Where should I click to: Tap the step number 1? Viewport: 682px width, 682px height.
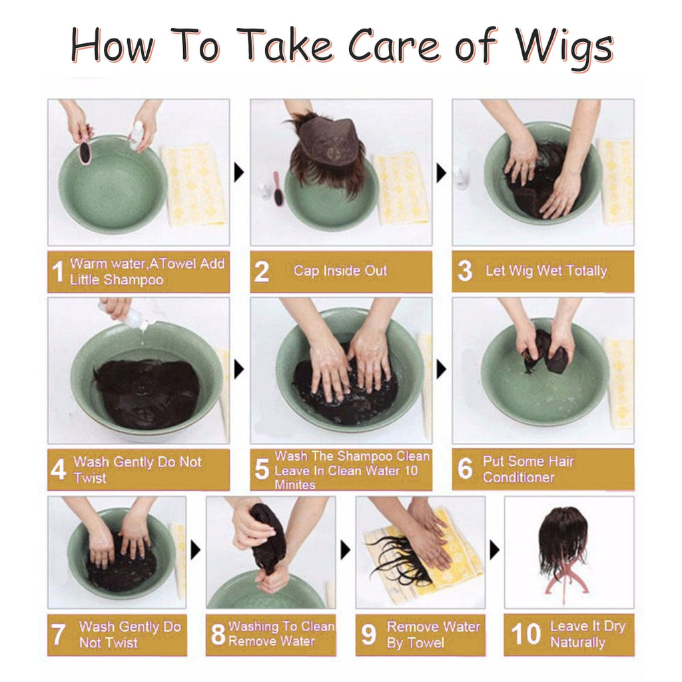coord(58,272)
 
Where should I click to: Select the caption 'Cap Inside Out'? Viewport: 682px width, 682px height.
coord(340,271)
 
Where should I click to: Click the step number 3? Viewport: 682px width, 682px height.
coord(465,271)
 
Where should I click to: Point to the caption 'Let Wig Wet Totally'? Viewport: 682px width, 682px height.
coord(546,271)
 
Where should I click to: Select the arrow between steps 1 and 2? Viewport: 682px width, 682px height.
coord(239,174)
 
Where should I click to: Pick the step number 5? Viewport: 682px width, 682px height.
coord(262,470)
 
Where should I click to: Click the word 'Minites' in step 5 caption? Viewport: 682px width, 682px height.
coord(294,485)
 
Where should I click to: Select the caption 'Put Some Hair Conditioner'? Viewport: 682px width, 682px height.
coord(528,469)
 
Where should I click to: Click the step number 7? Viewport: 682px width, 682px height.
coord(59,635)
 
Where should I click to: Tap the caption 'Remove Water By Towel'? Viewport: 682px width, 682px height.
coord(433,635)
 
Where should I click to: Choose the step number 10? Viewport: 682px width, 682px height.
coord(525,635)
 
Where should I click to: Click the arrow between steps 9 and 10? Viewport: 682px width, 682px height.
coord(494,550)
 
